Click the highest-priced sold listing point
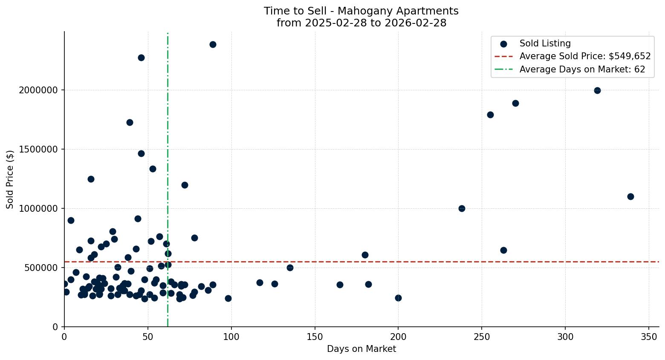pyautogui.click(x=213, y=44)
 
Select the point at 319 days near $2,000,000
pyautogui.click(x=597, y=90)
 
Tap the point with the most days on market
pyautogui.click(x=630, y=196)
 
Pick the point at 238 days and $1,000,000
pyautogui.click(x=462, y=208)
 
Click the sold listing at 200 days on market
pyautogui.click(x=398, y=298)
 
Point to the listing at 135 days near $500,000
pyautogui.click(x=290, y=268)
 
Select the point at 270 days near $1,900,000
pyautogui.click(x=515, y=103)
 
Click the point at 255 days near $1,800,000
pyautogui.click(x=490, y=115)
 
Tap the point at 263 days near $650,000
pyautogui.click(x=503, y=250)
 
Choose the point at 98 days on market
pyautogui.click(x=228, y=298)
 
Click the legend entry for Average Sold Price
pyautogui.click(x=585, y=56)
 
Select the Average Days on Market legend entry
pyautogui.click(x=582, y=69)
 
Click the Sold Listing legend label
pyautogui.click(x=545, y=43)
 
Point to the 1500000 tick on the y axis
pyautogui.click(x=39, y=150)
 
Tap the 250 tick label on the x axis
pyautogui.click(x=482, y=337)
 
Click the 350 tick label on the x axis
pyautogui.click(x=649, y=337)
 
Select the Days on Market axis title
pyautogui.click(x=361, y=349)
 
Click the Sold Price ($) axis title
pyautogui.click(x=10, y=179)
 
